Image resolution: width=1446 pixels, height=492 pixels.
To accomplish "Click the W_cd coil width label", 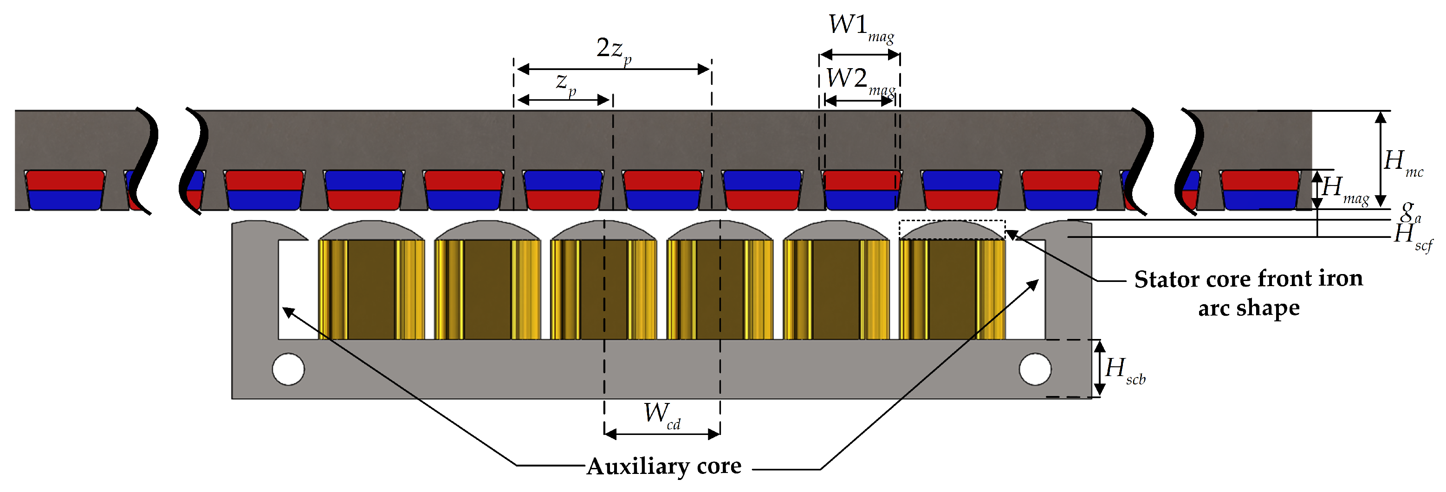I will point(661,415).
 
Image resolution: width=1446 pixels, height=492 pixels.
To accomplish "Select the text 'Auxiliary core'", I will point(663,466).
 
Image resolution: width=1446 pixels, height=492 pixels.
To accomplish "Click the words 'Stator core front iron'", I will point(1248,279).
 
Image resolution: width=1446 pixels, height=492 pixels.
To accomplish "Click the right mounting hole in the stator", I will point(1035,369).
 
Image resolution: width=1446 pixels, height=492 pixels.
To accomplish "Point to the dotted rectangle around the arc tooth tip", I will point(952,230).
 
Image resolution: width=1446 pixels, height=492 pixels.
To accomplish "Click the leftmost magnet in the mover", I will point(65,190).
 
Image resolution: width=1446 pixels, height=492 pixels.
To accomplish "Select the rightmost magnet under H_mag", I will point(1260,190).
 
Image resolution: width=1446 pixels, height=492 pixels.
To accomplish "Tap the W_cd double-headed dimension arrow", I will point(662,434).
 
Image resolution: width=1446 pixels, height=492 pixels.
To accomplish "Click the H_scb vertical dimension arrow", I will point(1100,368).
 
